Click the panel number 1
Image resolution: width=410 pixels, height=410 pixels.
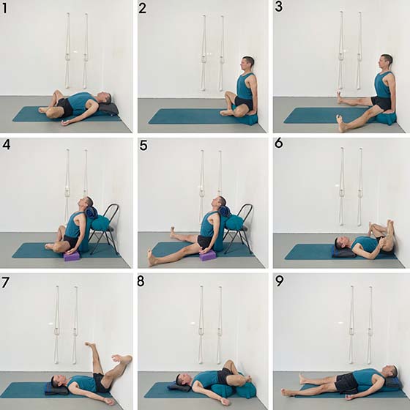[x=4, y=8]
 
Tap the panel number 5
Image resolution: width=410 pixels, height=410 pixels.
[x=143, y=145]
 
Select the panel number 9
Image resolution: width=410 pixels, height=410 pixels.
[x=279, y=281]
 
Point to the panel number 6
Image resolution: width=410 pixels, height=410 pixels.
[x=279, y=143]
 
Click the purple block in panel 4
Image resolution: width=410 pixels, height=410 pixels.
[x=71, y=256]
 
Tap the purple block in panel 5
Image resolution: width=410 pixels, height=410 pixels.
[x=206, y=256]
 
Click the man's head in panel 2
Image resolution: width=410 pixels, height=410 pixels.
[x=248, y=64]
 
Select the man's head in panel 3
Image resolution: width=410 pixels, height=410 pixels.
[x=386, y=62]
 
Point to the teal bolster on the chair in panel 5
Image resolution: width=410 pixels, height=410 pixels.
[x=234, y=223]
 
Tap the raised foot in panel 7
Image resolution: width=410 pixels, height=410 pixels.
[x=91, y=345]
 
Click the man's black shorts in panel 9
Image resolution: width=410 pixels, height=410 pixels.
[x=346, y=383]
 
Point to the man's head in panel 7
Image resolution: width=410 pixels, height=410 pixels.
[x=57, y=381]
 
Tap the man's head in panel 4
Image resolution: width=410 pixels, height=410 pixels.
[x=87, y=202]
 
